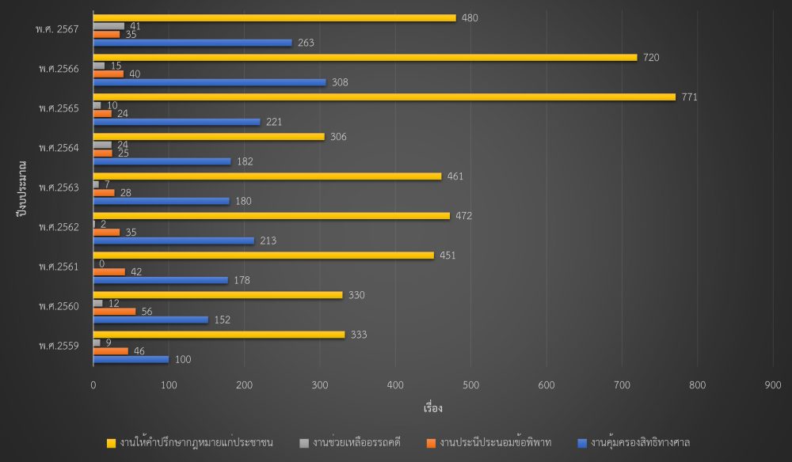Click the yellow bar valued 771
pyautogui.click(x=384, y=97)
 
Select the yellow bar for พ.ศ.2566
pyautogui.click(x=364, y=57)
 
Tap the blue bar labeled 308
pyautogui.click(x=209, y=82)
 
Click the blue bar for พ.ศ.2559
pyautogui.click(x=131, y=359)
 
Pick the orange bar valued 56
pyautogui.click(x=114, y=311)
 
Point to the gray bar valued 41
pyautogui.click(x=109, y=26)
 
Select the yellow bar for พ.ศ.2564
pyautogui.click(x=208, y=136)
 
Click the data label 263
pyautogui.click(x=307, y=43)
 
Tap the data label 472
pyautogui.click(x=464, y=216)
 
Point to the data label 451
pyautogui.click(x=448, y=256)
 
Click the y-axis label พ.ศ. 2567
pyautogui.click(x=56, y=29)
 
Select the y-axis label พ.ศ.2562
pyautogui.click(x=57, y=227)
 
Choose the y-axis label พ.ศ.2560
pyautogui.click(x=57, y=306)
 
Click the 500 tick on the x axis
pyautogui.click(x=395, y=385)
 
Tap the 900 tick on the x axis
pyautogui.click(x=772, y=385)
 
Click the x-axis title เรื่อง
pyautogui.click(x=432, y=409)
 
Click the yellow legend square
pyautogui.click(x=111, y=443)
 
